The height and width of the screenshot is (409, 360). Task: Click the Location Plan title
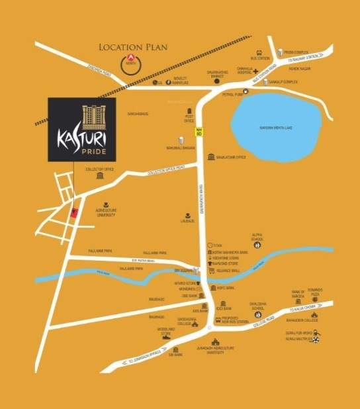click(x=133, y=47)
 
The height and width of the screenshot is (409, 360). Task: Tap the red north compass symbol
click(x=131, y=64)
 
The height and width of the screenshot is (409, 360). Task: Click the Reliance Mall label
click(x=228, y=270)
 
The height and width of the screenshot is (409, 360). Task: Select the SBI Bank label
click(x=176, y=356)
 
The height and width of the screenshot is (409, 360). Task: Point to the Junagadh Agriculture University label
click(x=217, y=353)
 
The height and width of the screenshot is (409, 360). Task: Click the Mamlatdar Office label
click(x=231, y=158)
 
